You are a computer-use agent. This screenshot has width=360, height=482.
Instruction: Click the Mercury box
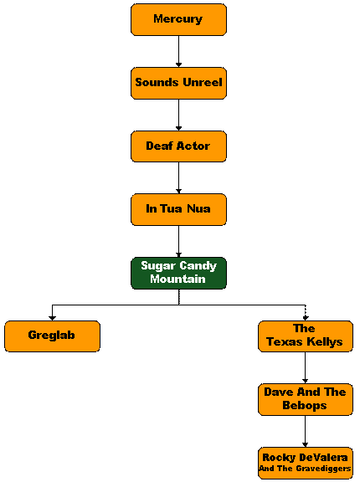(178, 19)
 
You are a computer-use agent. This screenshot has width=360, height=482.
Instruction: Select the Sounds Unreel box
(178, 83)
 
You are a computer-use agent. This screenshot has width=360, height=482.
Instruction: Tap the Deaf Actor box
(178, 146)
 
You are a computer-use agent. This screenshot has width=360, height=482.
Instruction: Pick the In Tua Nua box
(178, 210)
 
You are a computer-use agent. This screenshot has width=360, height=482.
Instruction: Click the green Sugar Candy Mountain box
(178, 274)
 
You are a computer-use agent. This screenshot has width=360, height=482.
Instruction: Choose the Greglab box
(52, 336)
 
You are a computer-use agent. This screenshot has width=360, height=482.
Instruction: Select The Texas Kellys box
(306, 336)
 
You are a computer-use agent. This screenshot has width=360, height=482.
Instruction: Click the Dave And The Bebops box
(306, 400)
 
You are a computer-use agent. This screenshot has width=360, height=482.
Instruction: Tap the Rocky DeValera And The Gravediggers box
(306, 464)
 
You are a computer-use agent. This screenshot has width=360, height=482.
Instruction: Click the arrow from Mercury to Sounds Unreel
(178, 51)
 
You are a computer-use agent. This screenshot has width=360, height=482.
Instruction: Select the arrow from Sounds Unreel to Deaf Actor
(178, 115)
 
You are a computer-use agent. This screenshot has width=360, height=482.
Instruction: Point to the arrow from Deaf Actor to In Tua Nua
(178, 178)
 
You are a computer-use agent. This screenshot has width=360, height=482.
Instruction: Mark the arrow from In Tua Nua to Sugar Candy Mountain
(178, 242)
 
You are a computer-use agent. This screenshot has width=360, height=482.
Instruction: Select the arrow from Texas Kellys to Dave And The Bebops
(306, 367)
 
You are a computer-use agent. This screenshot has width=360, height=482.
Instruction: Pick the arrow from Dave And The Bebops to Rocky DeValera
(306, 432)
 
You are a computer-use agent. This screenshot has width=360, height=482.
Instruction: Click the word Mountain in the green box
(177, 279)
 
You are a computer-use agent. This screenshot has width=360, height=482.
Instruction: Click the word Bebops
(305, 406)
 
